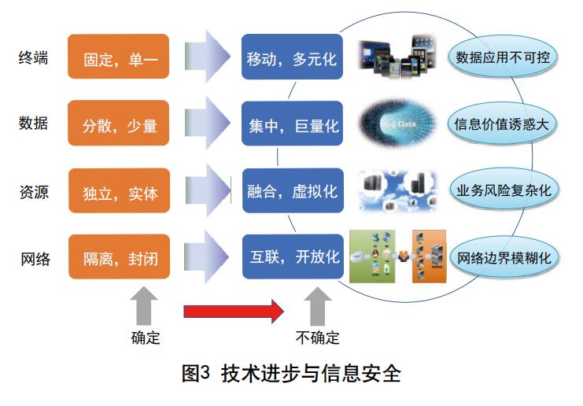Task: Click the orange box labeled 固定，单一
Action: [x=119, y=57]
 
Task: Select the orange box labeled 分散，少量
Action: [x=119, y=124]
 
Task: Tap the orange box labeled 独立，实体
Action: [x=119, y=191]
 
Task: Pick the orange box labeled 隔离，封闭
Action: [x=119, y=257]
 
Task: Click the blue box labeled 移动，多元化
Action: [x=292, y=57]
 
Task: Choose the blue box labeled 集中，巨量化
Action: [x=292, y=124]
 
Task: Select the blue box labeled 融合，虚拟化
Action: [x=292, y=191]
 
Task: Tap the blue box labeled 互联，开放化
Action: [x=292, y=257]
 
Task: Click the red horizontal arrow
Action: [x=233, y=311]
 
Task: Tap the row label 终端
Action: [x=34, y=57]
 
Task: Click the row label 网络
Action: [x=34, y=257]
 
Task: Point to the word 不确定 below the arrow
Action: [x=318, y=338]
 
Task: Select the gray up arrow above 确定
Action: [x=146, y=306]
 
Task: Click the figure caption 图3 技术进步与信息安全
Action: [x=291, y=373]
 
